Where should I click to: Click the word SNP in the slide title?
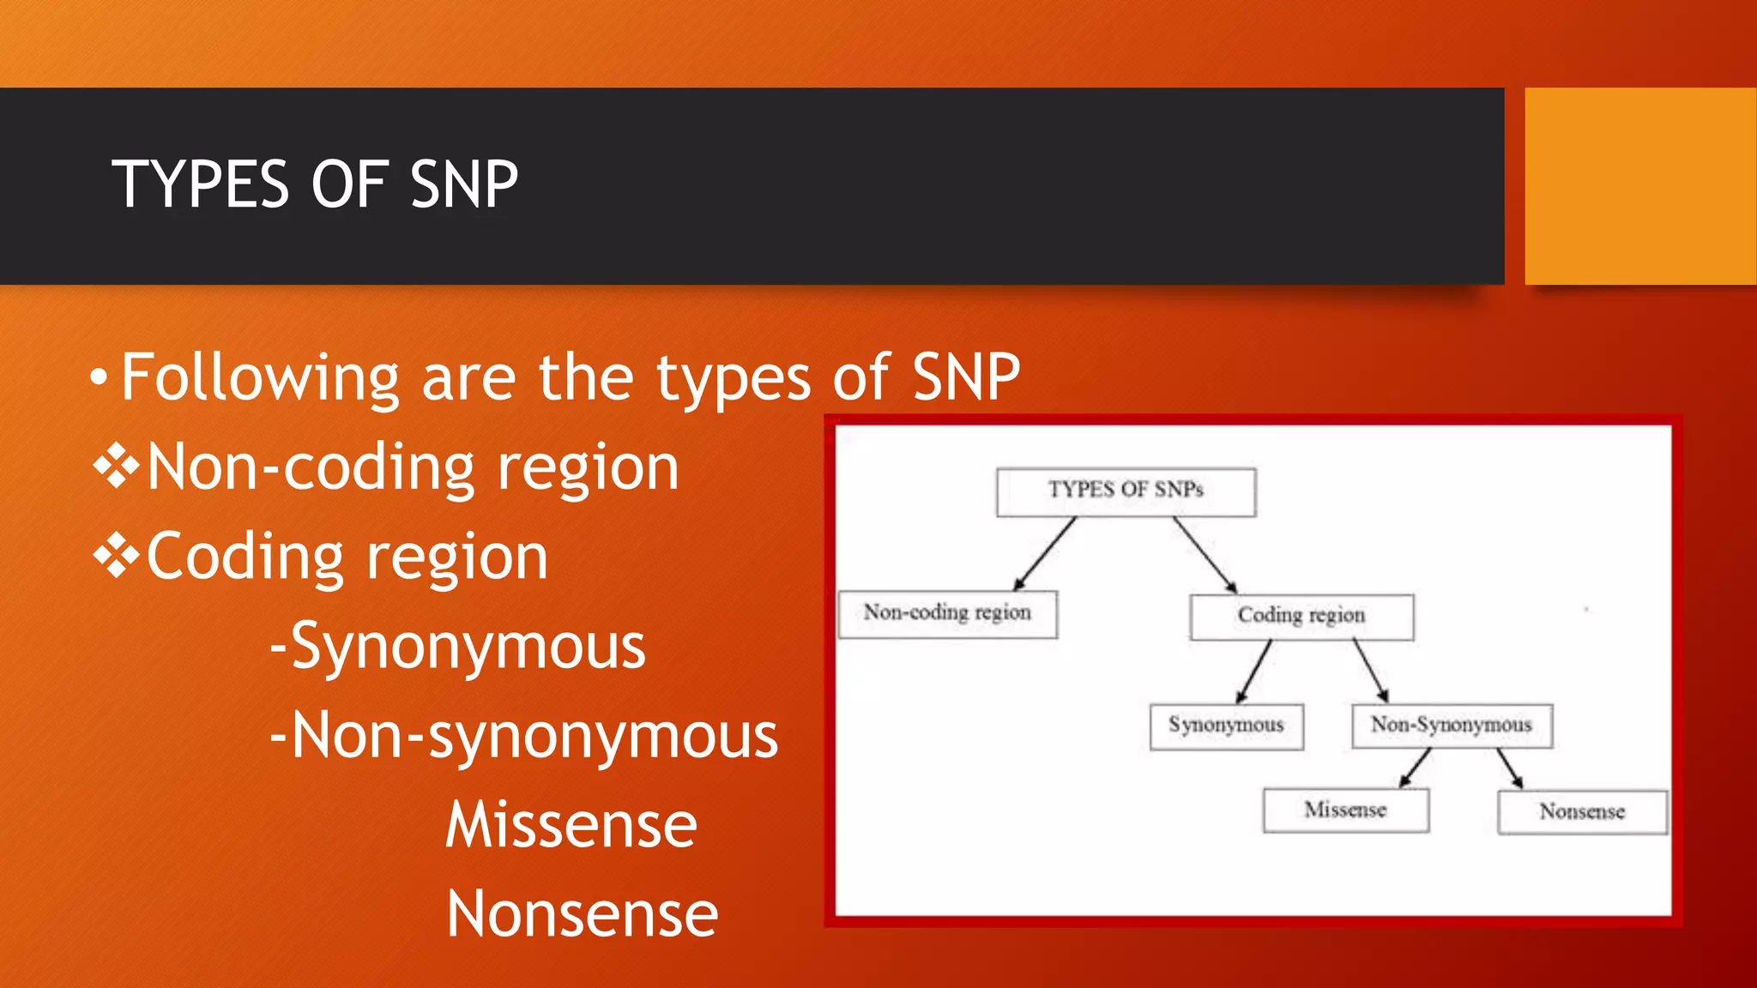click(x=464, y=184)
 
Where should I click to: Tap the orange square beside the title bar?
click(x=1639, y=186)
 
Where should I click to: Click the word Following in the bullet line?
click(x=259, y=377)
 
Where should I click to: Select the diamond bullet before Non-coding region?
click(x=116, y=468)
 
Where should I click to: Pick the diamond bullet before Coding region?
click(x=116, y=557)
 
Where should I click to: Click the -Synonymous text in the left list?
click(x=457, y=647)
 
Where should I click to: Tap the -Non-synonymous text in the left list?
click(x=523, y=736)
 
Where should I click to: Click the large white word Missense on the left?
click(x=571, y=825)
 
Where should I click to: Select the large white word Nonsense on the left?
click(x=582, y=914)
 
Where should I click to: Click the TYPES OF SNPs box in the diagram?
click(x=1126, y=491)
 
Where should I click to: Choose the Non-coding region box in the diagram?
click(x=947, y=613)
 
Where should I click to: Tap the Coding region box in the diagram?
click(x=1301, y=616)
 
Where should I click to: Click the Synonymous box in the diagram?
click(x=1226, y=726)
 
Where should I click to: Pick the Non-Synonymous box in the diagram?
click(x=1451, y=726)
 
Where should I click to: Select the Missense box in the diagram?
click(x=1345, y=810)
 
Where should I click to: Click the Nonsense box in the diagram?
click(x=1582, y=812)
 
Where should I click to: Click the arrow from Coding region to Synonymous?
click(x=1253, y=672)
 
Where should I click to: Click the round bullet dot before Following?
click(x=99, y=377)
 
